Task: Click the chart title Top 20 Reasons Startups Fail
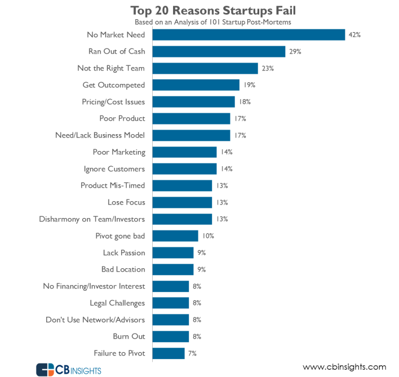pyautogui.click(x=212, y=10)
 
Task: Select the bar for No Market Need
pyautogui.click(x=249, y=35)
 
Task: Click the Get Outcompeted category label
pyautogui.click(x=114, y=85)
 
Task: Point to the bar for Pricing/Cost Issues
pyautogui.click(x=194, y=102)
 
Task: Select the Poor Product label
pyautogui.click(x=122, y=118)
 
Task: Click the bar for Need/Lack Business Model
pyautogui.click(x=192, y=135)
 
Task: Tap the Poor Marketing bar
pyautogui.click(x=185, y=152)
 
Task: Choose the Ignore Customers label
pyautogui.click(x=114, y=168)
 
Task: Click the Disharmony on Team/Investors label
pyautogui.click(x=92, y=219)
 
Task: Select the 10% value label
pyautogui.click(x=209, y=236)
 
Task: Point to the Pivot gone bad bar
pyautogui.click(x=175, y=236)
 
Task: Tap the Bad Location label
pyautogui.click(x=123, y=269)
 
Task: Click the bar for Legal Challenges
pyautogui.click(x=171, y=303)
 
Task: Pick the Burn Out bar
pyautogui.click(x=171, y=336)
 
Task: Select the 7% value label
pyautogui.click(x=193, y=353)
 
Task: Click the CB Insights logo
pyautogui.click(x=69, y=369)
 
